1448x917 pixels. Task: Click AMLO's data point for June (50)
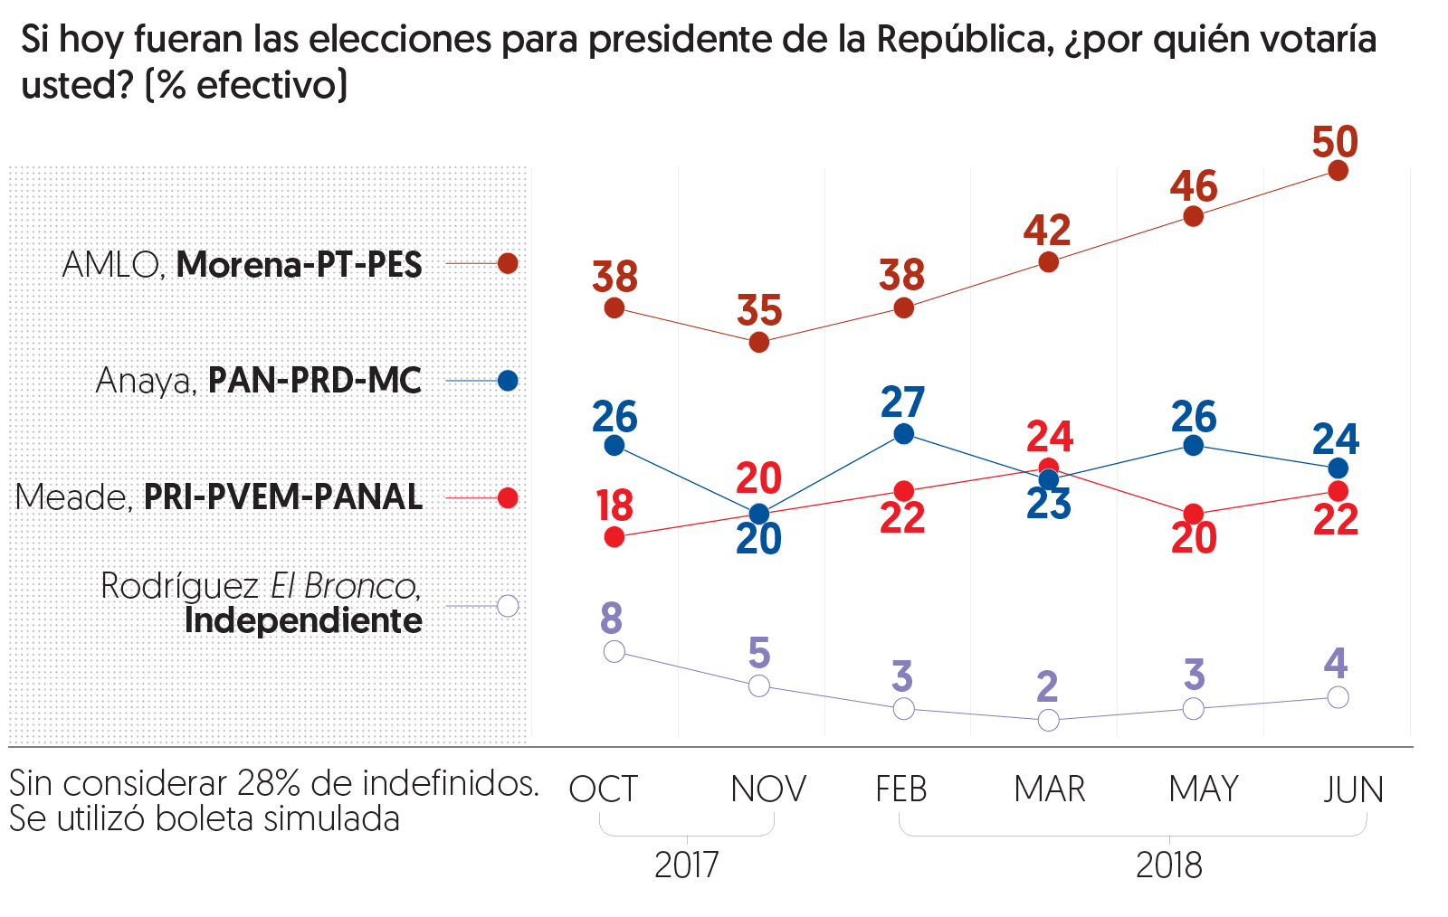1338,170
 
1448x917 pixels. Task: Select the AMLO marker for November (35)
759,343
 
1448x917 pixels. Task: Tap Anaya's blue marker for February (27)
903,434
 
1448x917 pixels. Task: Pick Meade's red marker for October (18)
614,537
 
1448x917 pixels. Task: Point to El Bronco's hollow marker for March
1048,720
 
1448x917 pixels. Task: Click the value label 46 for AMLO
1194,186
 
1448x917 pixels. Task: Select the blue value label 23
1048,505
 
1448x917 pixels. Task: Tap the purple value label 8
612,619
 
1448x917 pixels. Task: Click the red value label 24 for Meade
1050,438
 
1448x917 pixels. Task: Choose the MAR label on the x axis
1049,789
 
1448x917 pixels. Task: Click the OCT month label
604,789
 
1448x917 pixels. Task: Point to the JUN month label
1353,789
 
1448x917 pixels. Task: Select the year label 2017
686,865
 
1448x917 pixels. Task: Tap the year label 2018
1168,865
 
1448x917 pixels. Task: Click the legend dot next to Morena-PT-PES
508,263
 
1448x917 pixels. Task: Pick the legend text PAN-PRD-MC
315,381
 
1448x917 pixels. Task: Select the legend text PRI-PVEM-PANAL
283,497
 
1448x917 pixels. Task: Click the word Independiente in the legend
303,621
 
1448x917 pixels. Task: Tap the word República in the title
965,40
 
